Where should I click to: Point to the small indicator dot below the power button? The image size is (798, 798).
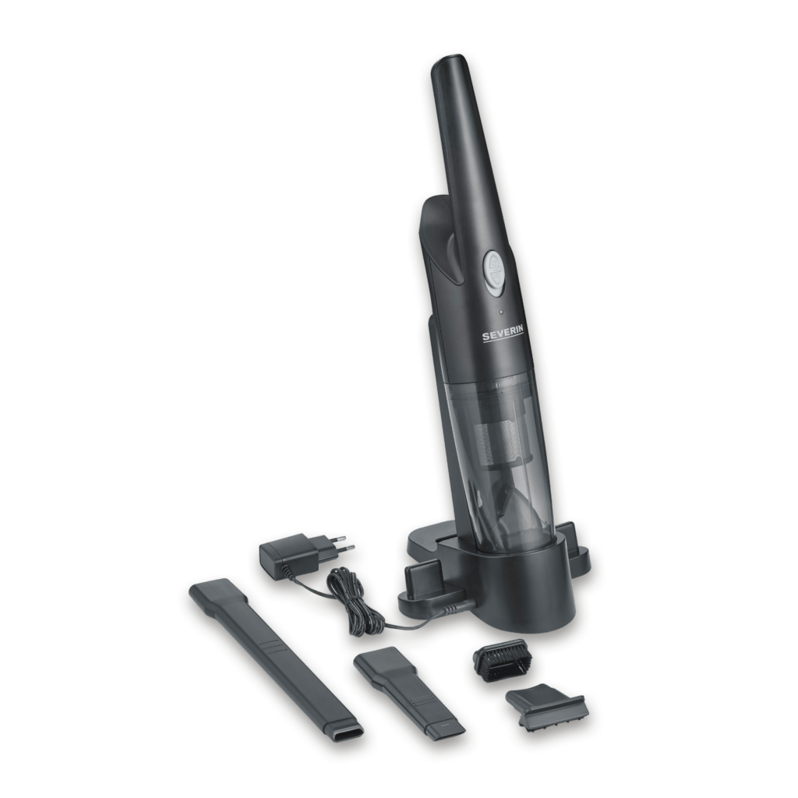[x=490, y=312]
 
